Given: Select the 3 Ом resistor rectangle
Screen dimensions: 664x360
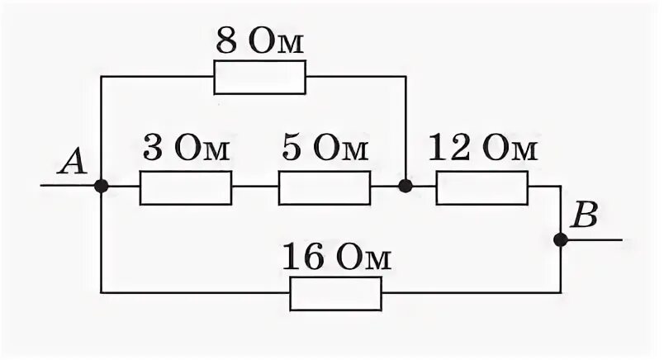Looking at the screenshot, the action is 186,187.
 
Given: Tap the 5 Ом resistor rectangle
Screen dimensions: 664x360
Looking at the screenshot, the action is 324,187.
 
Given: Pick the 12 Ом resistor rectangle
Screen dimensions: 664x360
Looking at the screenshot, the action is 481,187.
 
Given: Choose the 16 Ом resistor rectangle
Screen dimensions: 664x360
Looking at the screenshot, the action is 335,293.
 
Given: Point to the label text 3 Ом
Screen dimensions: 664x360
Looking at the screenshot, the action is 187,151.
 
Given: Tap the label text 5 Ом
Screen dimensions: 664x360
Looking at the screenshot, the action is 325,151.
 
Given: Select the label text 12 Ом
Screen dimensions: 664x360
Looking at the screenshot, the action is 483,151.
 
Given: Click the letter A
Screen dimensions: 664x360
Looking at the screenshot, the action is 72,163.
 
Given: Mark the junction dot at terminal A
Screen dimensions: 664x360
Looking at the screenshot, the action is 101,187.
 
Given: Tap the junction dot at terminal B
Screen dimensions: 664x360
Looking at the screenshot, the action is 560,240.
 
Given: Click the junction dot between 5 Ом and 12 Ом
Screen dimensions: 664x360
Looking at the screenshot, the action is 405,187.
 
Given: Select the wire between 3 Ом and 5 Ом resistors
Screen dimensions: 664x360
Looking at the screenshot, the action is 255,187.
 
